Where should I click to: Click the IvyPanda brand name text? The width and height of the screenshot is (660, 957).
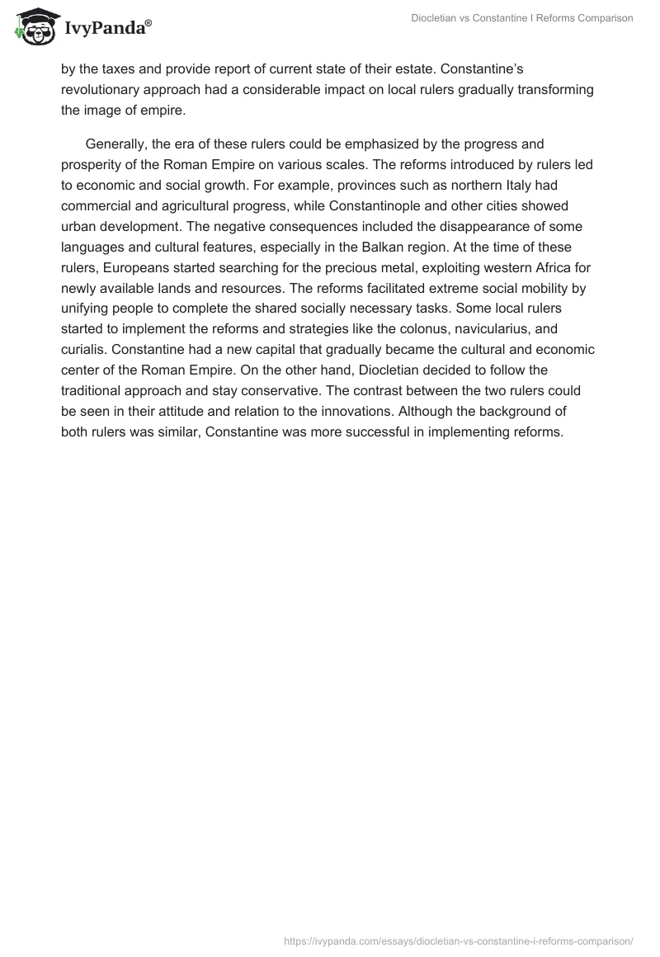pos(107,27)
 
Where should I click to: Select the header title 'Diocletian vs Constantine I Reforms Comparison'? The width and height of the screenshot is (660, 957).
pos(522,18)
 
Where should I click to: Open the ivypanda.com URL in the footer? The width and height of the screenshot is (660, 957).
pos(458,940)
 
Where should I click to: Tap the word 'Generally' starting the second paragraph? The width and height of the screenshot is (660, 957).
pos(115,144)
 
